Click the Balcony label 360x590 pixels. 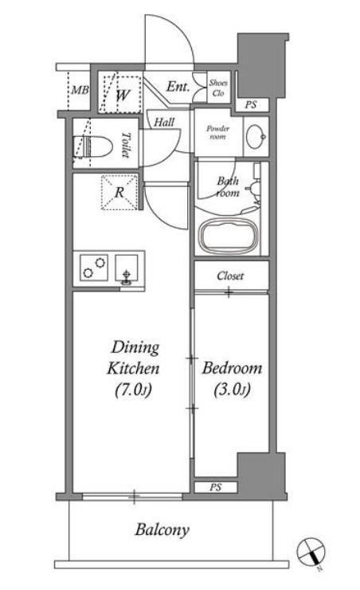162,530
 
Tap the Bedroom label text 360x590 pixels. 232,368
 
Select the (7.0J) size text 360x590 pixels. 133,390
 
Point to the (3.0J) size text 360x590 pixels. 232,390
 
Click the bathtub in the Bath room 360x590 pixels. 229,236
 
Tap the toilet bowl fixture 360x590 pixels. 94,147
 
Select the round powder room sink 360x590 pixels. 256,136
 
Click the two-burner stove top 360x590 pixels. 94,268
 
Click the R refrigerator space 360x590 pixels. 119,192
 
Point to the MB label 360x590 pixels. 80,90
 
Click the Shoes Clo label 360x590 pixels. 218,88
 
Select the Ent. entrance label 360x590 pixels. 178,87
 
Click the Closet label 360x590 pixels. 230,275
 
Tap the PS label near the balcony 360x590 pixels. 215,487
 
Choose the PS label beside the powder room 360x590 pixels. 250,104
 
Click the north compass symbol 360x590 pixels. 311,552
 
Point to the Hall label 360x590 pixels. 164,122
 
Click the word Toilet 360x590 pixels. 125,145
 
